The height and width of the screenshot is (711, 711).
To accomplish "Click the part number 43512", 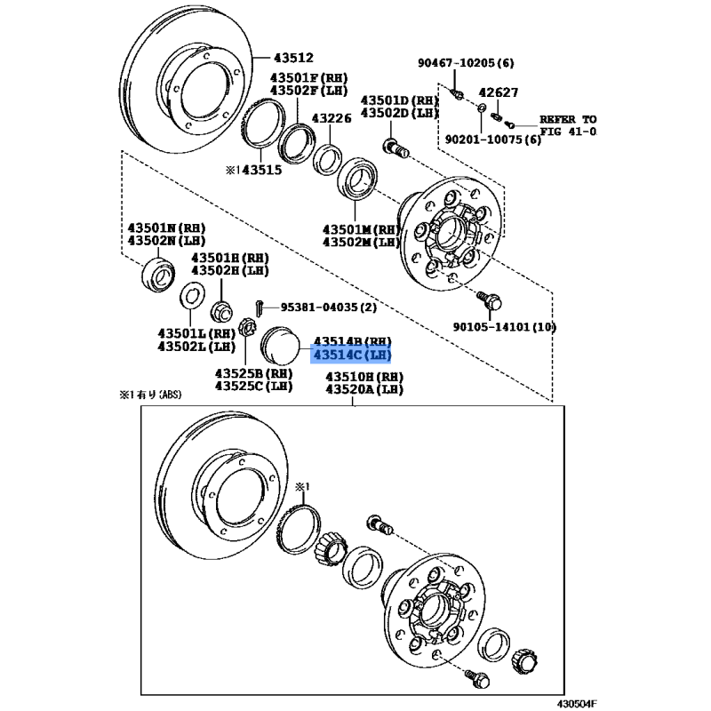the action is coord(293,58).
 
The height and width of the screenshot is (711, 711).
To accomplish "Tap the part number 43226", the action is coord(332,118).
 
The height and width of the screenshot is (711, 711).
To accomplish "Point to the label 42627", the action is coord(499,92).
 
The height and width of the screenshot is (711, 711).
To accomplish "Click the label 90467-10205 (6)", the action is coord(466,62).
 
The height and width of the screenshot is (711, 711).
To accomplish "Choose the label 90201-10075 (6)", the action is coord(493,140).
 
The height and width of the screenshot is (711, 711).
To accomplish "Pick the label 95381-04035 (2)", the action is coord(328,308).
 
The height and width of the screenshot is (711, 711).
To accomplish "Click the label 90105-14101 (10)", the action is coord(504,326).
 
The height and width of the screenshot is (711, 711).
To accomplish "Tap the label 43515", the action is coord(261,170).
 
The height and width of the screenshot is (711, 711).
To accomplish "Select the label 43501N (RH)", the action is coord(166,228).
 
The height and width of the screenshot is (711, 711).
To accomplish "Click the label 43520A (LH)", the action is coord(364,389).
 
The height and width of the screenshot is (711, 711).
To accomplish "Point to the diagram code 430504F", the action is coord(577,703).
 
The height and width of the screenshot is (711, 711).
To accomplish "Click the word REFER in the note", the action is coord(557,119).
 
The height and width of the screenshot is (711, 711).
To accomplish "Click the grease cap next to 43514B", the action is coord(280,346).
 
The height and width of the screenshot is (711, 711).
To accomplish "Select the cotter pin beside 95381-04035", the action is coord(259,308).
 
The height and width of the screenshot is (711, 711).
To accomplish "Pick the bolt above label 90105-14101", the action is coord(491,300).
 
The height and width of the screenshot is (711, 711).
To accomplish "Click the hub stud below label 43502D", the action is coord(395,148).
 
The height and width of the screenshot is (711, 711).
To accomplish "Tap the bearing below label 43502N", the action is coord(158,274).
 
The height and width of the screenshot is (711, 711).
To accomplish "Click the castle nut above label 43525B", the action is coord(247,327).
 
